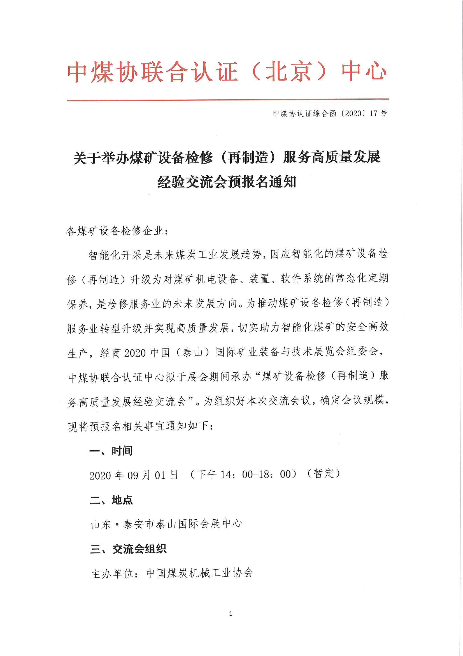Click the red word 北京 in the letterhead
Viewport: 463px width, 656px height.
coord(288,72)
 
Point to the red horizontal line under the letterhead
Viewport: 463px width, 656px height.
coord(228,100)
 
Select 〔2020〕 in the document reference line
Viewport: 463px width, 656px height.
coord(353,113)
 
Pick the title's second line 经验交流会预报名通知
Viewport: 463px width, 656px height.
coord(227,182)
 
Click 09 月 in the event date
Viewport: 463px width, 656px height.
coord(139,475)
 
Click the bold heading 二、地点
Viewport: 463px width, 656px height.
coord(111,500)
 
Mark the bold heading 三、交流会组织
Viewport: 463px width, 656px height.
coord(128,549)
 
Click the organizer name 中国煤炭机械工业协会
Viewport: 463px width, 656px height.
coord(199,573)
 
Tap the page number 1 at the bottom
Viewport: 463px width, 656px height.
coord(231,613)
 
